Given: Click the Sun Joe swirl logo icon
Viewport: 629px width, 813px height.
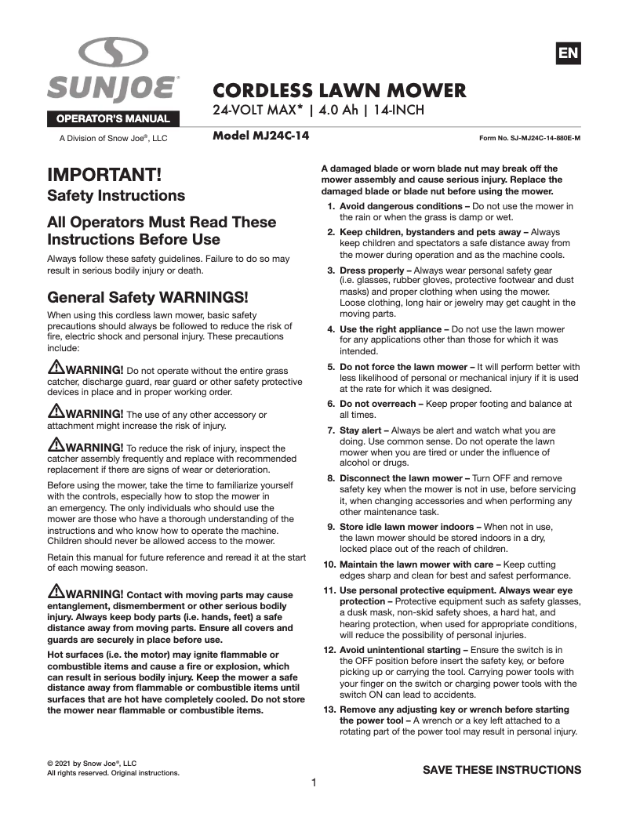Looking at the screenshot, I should [x=115, y=53].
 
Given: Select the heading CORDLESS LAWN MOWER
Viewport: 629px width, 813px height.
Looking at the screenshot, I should [x=340, y=90].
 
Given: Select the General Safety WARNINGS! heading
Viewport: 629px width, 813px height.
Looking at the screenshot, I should [x=148, y=297].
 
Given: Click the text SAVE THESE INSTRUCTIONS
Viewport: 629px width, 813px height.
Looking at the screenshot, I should [x=502, y=769].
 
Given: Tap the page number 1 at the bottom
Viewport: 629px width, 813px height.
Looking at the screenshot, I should [x=314, y=782].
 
